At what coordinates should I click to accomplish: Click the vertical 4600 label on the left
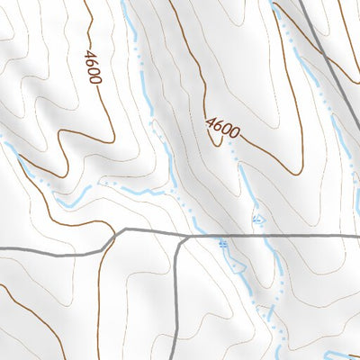(x=94, y=65)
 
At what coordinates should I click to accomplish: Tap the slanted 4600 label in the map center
(x=222, y=130)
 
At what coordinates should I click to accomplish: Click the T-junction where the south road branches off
(x=183, y=236)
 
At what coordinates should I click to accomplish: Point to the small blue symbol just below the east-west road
(x=223, y=244)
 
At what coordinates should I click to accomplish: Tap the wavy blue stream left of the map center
(x=135, y=193)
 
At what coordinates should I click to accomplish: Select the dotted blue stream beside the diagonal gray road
(x=297, y=54)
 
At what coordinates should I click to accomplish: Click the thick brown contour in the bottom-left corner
(x=36, y=315)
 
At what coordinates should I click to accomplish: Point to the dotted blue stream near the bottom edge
(x=279, y=337)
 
